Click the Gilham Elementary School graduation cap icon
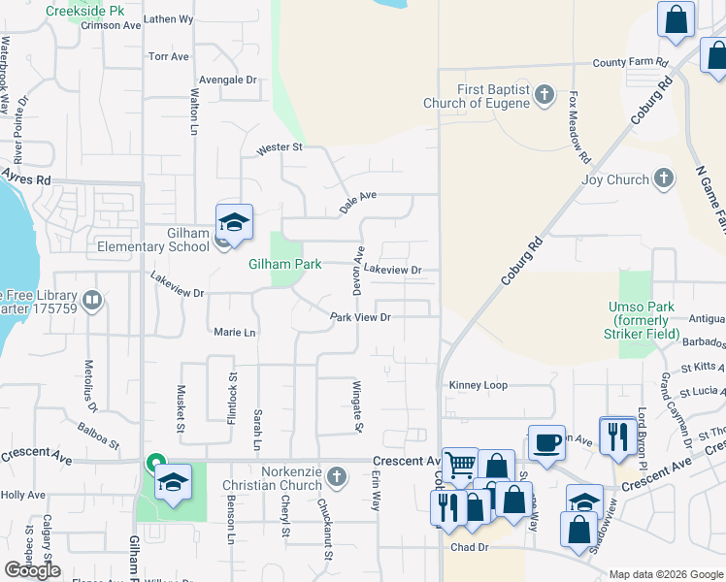[x=234, y=224]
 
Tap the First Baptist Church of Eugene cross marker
[x=544, y=95]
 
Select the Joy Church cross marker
[x=664, y=178]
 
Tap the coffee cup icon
[x=546, y=442]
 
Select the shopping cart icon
[x=460, y=464]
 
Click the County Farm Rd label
[x=631, y=63]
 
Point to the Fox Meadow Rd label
[x=579, y=127]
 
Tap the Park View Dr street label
[x=359, y=317]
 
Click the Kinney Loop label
[x=478, y=385]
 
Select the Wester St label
[x=280, y=148]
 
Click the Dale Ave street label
[x=357, y=202]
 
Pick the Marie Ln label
[x=234, y=333]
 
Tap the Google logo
[x=32, y=569]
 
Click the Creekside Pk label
[x=90, y=10]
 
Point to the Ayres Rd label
[x=25, y=179]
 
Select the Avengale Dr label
[x=227, y=81]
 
